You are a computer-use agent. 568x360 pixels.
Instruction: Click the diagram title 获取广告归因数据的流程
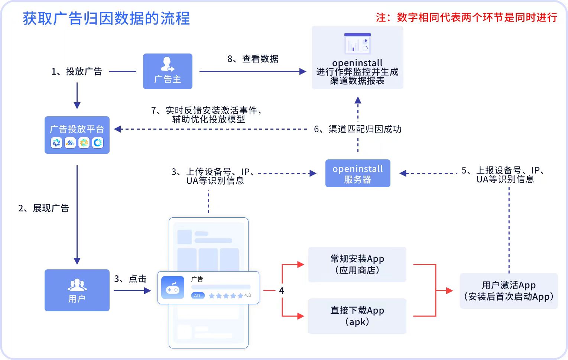[x=106, y=19]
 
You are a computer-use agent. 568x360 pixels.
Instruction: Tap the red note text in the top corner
[x=466, y=17]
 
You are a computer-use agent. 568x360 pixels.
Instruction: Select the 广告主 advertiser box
[x=168, y=71]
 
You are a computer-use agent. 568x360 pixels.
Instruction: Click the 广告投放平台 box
[x=77, y=135]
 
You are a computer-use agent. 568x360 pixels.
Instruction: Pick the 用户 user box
[x=77, y=290]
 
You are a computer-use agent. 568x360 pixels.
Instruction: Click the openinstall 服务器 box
[x=358, y=173]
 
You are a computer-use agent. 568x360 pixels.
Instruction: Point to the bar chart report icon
[x=357, y=43]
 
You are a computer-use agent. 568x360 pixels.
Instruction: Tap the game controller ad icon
[x=173, y=288]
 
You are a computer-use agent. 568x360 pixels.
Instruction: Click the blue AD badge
[x=198, y=295]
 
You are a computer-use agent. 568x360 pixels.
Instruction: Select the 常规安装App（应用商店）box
[x=357, y=265]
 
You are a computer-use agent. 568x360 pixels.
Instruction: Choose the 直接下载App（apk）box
[x=357, y=316]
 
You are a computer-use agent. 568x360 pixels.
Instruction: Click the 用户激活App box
[x=509, y=291]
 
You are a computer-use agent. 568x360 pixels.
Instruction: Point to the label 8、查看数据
[x=253, y=59]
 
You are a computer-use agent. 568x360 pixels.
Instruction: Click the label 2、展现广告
[x=43, y=208]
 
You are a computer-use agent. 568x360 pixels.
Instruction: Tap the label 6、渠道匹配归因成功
[x=357, y=129]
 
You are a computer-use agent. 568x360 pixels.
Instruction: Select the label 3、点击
[x=130, y=279]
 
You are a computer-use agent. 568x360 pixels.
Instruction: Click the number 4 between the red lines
[x=282, y=291]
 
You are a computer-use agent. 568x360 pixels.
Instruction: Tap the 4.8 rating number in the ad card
[x=248, y=295]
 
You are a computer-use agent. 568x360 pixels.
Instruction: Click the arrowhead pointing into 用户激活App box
[x=449, y=291]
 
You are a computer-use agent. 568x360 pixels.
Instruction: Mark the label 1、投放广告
[x=77, y=71]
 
